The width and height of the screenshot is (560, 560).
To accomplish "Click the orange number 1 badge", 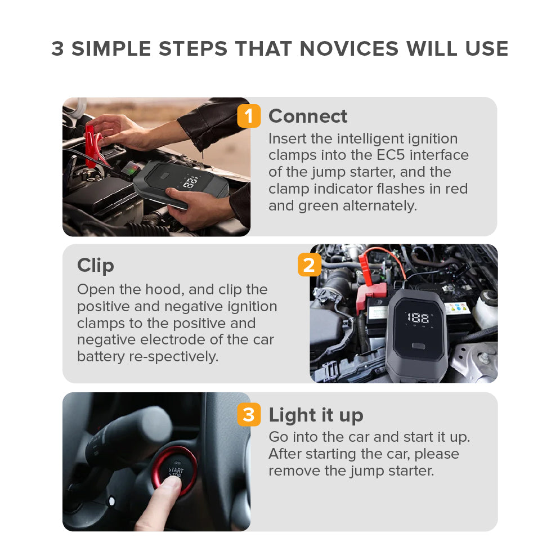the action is pos(249,116).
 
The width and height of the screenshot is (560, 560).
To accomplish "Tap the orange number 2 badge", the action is pos(309,265).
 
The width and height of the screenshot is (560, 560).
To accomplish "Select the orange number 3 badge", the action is pos(249,414).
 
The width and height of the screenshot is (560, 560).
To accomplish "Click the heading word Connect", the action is pos(307,116).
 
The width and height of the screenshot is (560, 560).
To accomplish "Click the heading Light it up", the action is pos(316,415).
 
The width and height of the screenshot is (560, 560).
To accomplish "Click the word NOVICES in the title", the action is pos(349,48).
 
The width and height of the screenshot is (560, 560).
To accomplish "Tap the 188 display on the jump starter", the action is pos(418,317).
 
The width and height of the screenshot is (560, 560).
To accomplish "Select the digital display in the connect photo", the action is pos(191,182).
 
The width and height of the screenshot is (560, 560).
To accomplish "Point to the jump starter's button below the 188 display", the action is pos(418,346).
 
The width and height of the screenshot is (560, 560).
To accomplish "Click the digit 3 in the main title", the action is pos(58,48).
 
